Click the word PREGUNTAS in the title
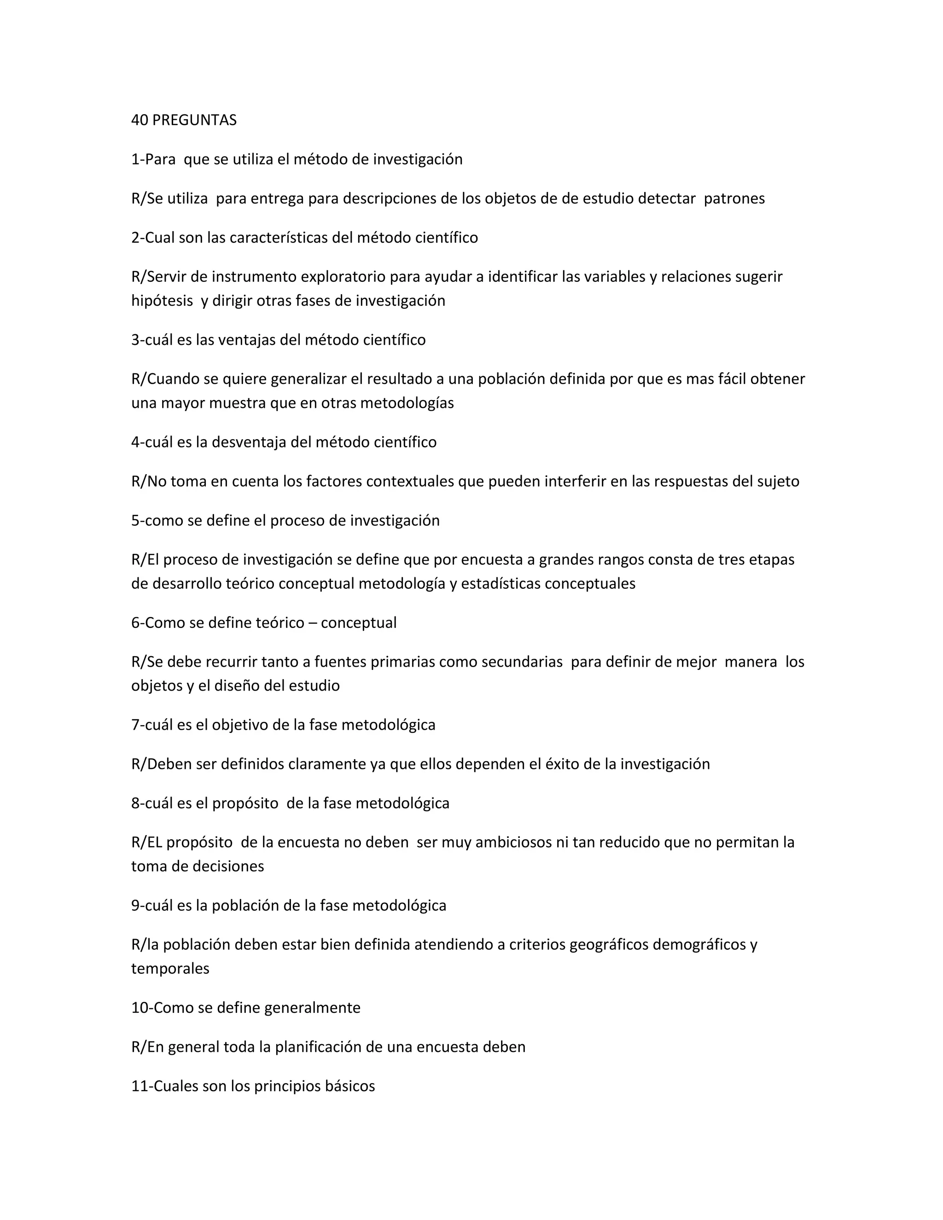[194, 120]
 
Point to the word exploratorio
[343, 277]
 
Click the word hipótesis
[162, 301]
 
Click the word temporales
[170, 968]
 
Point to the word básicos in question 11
[350, 1086]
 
